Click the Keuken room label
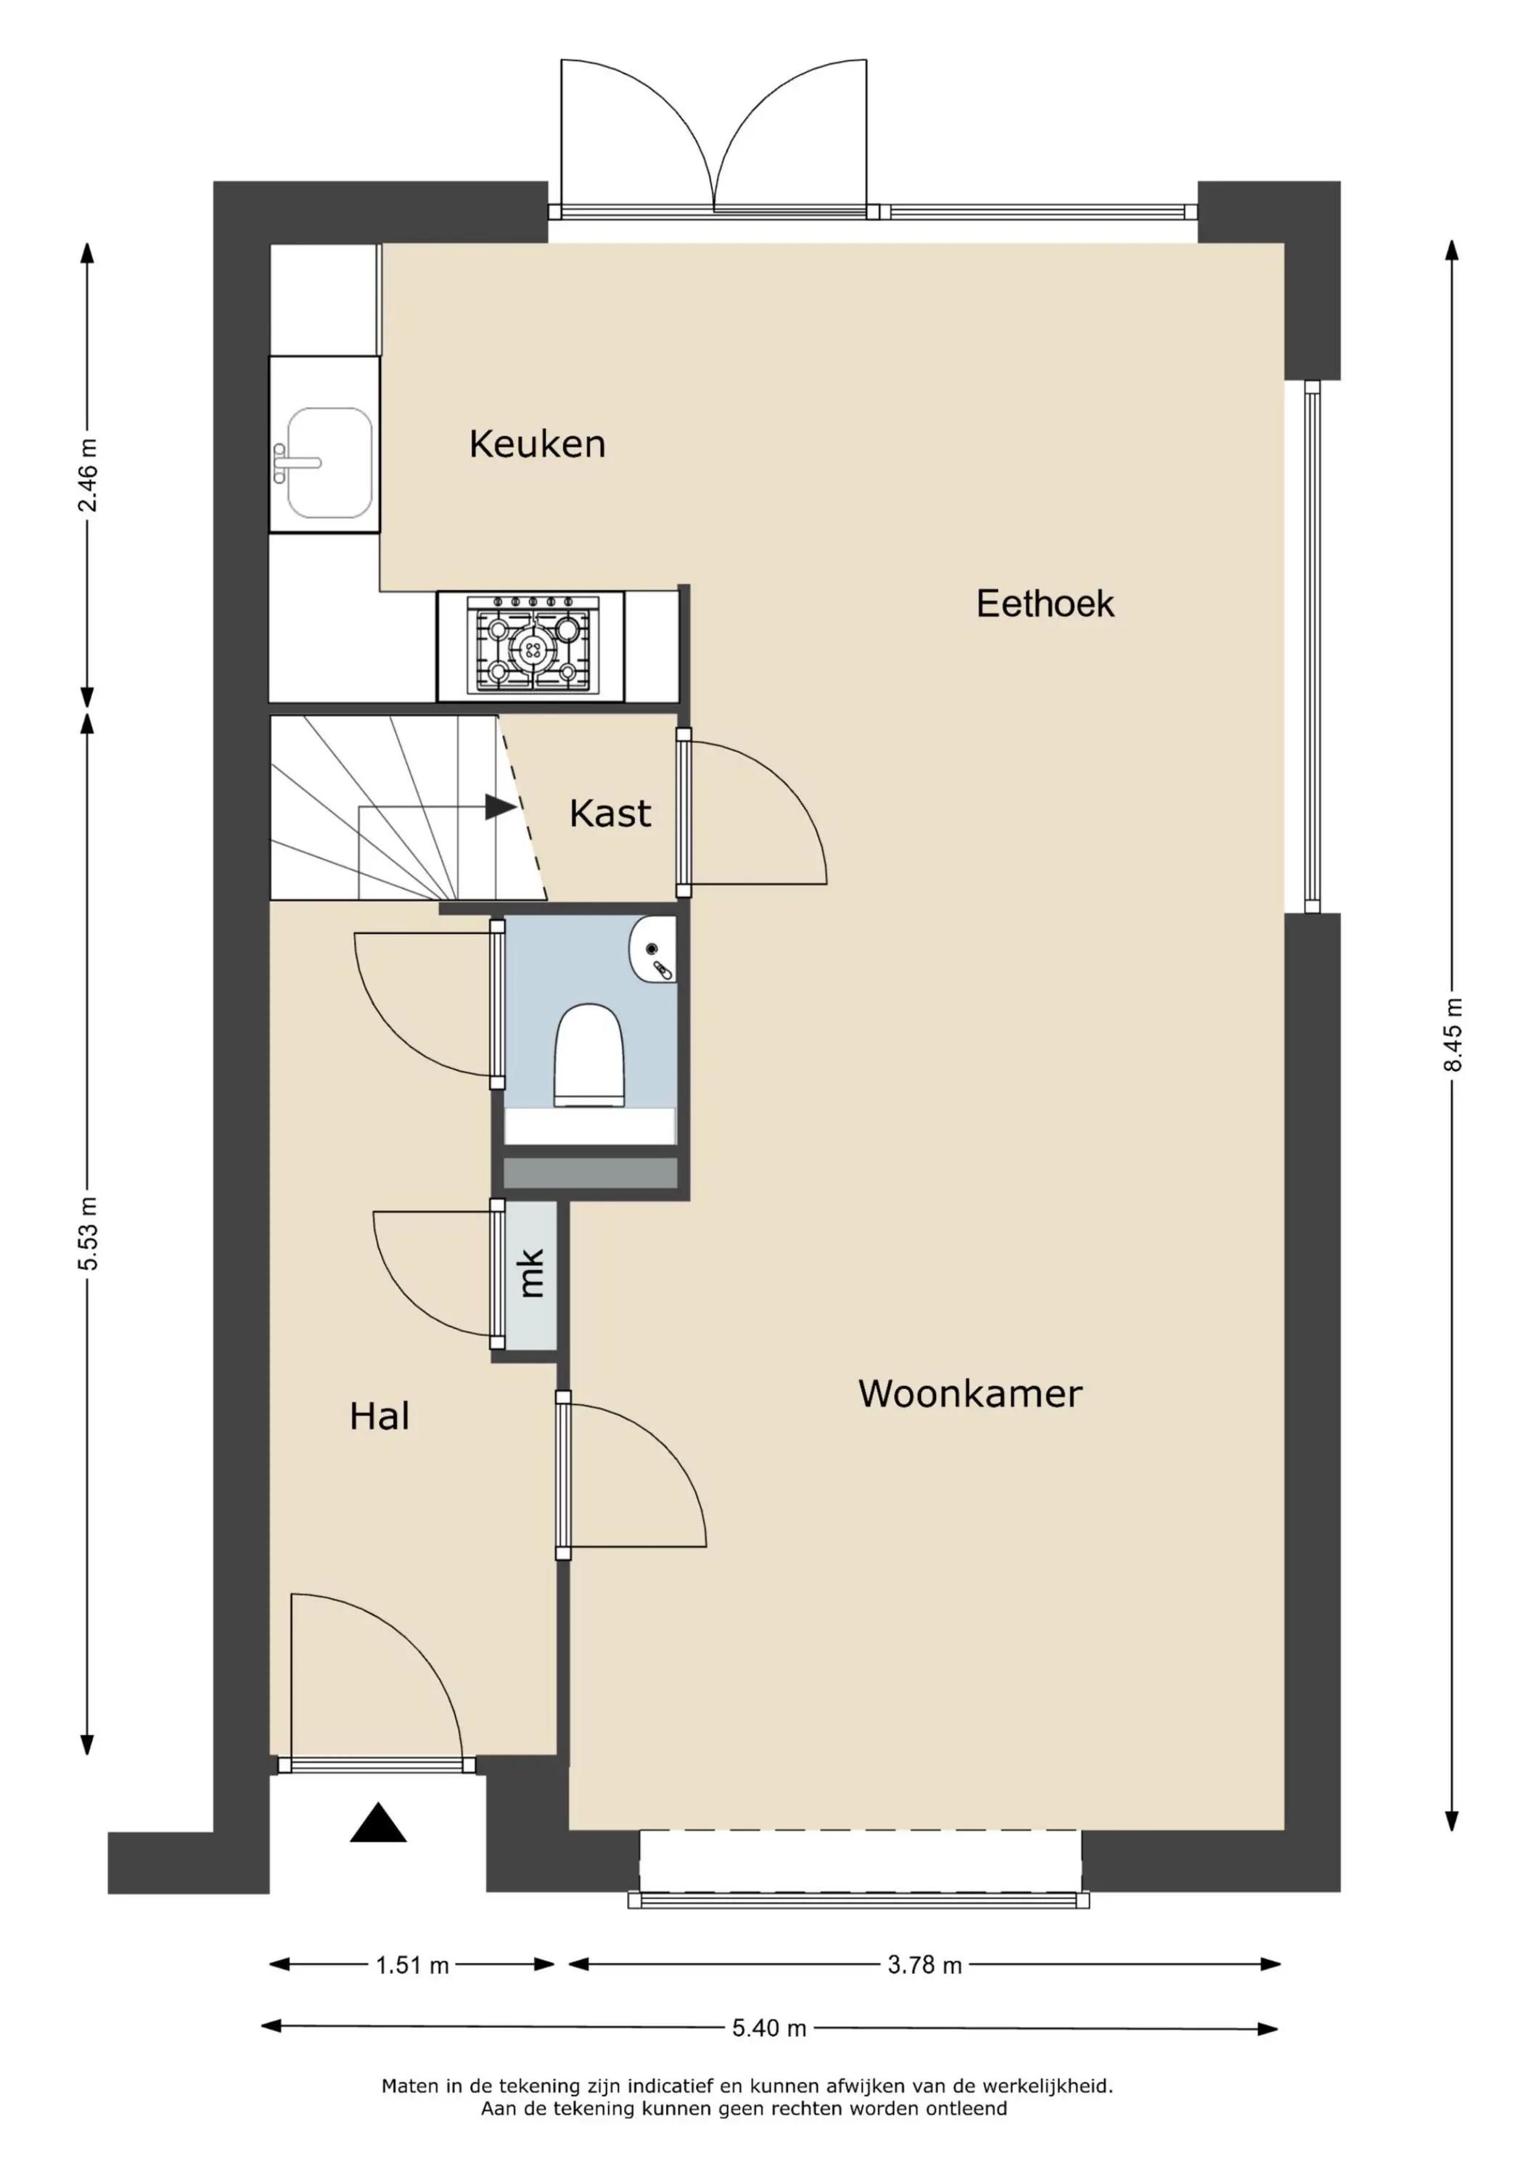pyautogui.click(x=537, y=443)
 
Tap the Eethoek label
pyautogui.click(x=1045, y=604)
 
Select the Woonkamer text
pyautogui.click(x=970, y=1394)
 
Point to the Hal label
pyautogui.click(x=379, y=1417)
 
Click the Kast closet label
pyautogui.click(x=610, y=813)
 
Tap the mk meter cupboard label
pyautogui.click(x=531, y=1274)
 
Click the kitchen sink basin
pyautogui.click(x=329, y=463)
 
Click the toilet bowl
pyautogui.click(x=589, y=1055)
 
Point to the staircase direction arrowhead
pyautogui.click(x=501, y=807)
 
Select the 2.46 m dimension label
pyautogui.click(x=87, y=475)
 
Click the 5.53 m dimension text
pyautogui.click(x=87, y=1234)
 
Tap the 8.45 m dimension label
pyautogui.click(x=1452, y=1036)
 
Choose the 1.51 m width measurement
pyautogui.click(x=412, y=1966)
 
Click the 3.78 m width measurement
pyautogui.click(x=924, y=1966)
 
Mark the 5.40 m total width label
pyautogui.click(x=769, y=2028)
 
